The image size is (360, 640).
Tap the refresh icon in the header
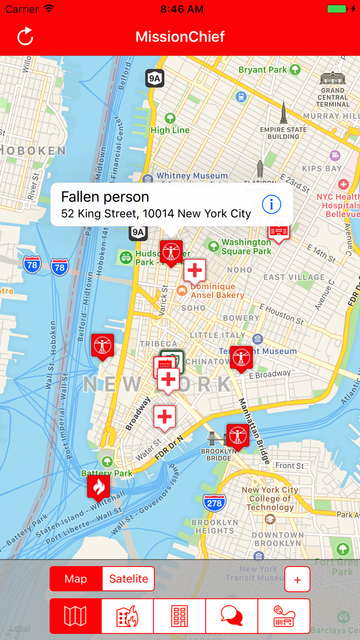pyautogui.click(x=25, y=36)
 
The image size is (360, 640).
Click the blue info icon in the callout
pyautogui.click(x=271, y=204)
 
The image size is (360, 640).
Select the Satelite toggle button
pyautogui.click(x=128, y=579)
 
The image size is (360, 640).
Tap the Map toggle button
pyautogui.click(x=76, y=579)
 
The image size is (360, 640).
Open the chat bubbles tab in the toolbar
pyautogui.click(x=232, y=616)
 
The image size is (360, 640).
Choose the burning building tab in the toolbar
pyautogui.click(x=127, y=616)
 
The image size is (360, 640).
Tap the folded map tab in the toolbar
pyautogui.click(x=75, y=616)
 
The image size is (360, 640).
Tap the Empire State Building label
pyautogui.click(x=283, y=133)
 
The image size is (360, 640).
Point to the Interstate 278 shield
pyautogui.click(x=214, y=503)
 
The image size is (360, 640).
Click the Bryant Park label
pyautogui.click(x=263, y=70)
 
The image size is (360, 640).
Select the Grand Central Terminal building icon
pyautogui.click(x=332, y=78)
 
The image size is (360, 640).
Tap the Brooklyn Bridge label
pyautogui.click(x=219, y=455)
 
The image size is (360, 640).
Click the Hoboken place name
pyautogui.click(x=34, y=151)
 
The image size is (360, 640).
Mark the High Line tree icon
pyautogui.click(x=170, y=118)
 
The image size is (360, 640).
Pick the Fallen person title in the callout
pyautogui.click(x=105, y=197)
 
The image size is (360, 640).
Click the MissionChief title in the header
pyautogui.click(x=180, y=36)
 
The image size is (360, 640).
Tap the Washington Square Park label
pyautogui.click(x=246, y=247)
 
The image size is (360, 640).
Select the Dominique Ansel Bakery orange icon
pyautogui.click(x=182, y=291)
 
